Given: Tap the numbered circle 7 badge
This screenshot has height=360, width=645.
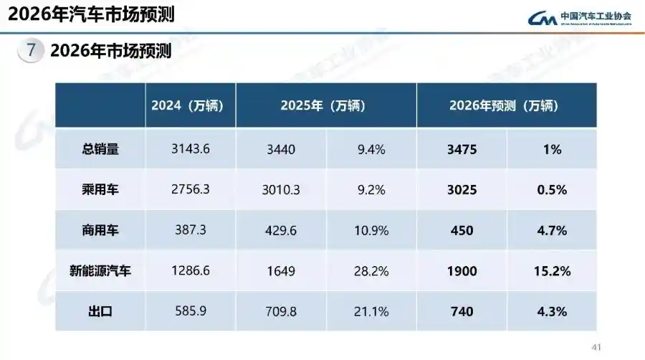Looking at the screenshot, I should tap(30, 51).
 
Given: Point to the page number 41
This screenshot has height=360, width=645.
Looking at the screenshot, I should tap(596, 348).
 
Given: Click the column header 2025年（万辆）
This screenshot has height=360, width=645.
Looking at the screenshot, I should tap(326, 105).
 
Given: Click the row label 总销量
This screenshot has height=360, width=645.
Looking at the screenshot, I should tap(100, 149).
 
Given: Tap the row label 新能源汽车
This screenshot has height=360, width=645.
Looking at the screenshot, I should tap(100, 271).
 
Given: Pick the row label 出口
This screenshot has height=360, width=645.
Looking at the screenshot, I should tap(100, 311).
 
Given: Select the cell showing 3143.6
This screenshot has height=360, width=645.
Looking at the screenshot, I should tap(191, 149).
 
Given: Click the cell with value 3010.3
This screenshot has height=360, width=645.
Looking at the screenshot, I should tap(280, 190).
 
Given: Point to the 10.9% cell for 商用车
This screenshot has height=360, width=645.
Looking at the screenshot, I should tap(372, 231).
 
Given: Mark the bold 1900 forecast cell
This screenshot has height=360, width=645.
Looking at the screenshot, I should tap(462, 271).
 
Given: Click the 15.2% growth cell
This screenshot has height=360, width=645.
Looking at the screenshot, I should tap(551, 271).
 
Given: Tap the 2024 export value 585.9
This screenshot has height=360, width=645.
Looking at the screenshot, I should tap(191, 311).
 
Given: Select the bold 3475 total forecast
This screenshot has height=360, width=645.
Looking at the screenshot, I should tap(462, 149).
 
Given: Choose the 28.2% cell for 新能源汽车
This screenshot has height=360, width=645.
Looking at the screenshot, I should tap(372, 271).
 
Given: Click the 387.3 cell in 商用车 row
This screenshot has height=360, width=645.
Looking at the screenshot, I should tap(191, 231).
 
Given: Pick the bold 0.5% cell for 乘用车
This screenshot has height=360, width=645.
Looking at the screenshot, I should tap(551, 190).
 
